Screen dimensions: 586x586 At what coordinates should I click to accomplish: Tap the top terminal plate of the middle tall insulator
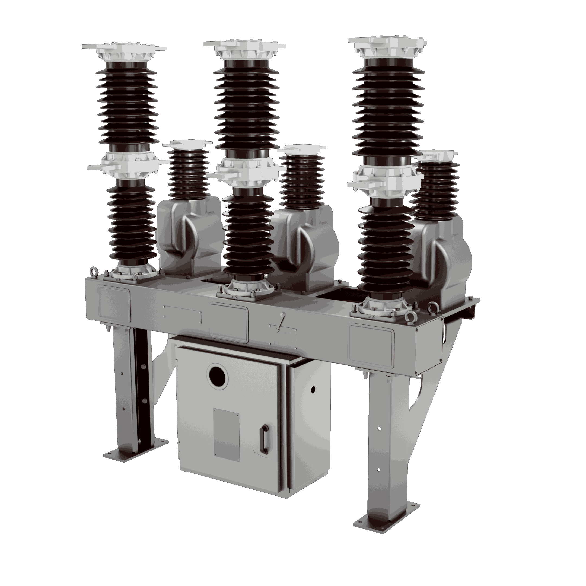(x=244, y=45)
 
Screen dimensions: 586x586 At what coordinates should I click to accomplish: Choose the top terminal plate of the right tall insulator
(x=388, y=42)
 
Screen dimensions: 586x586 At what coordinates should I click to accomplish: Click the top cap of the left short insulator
(x=187, y=144)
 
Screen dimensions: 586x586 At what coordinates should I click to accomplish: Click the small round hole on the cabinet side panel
(x=313, y=390)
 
